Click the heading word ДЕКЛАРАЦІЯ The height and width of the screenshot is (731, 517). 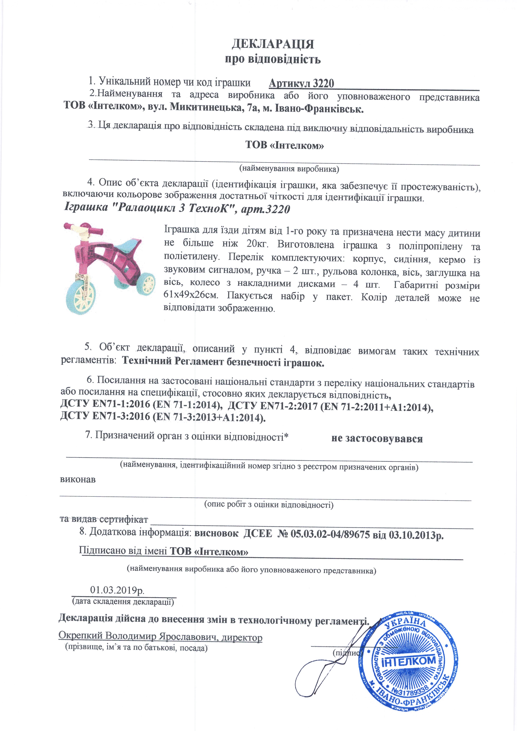click(x=273, y=44)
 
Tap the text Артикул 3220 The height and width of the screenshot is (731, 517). click(x=301, y=83)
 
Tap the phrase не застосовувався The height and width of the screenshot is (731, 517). click(x=377, y=439)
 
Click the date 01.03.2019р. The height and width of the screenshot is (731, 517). click(x=117, y=590)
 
